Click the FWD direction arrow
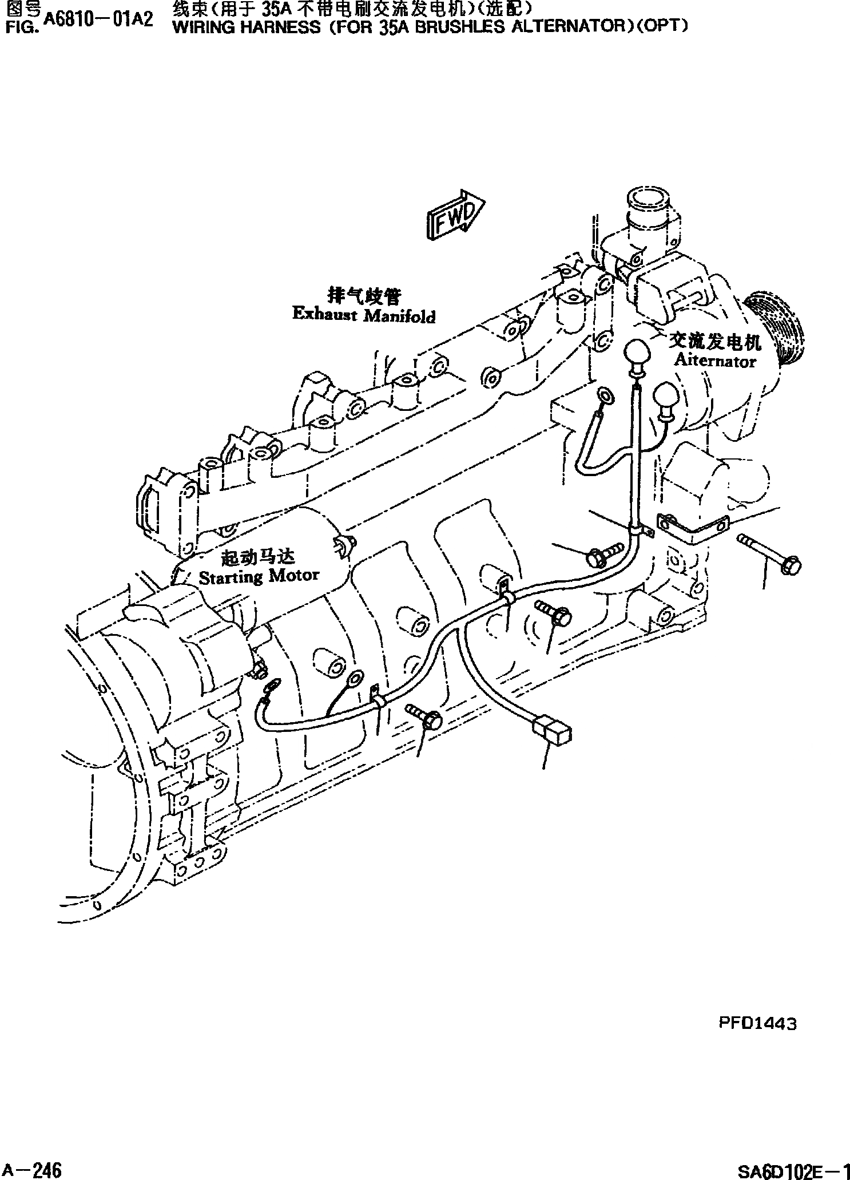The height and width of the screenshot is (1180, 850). pyautogui.click(x=455, y=215)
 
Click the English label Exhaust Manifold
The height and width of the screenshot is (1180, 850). pyautogui.click(x=363, y=315)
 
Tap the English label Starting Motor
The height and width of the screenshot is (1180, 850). pyautogui.click(x=259, y=576)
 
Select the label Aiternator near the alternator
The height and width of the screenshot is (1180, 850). pyautogui.click(x=714, y=361)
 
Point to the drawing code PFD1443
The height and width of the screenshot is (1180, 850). pyautogui.click(x=757, y=1024)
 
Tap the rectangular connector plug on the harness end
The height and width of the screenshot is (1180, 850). pyautogui.click(x=552, y=732)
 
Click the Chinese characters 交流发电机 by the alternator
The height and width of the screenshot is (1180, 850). pyautogui.click(x=715, y=342)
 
